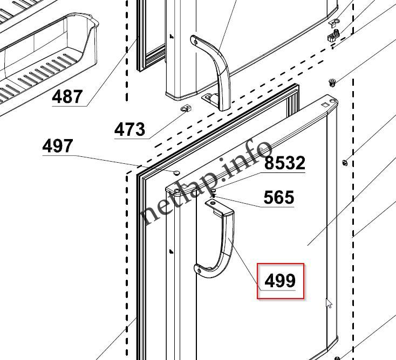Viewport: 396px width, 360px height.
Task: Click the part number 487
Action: pyautogui.click(x=67, y=96)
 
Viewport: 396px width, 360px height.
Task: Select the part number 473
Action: pyautogui.click(x=130, y=129)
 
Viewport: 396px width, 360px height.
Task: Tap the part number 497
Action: pyautogui.click(x=58, y=146)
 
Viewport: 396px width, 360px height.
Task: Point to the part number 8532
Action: pyautogui.click(x=285, y=163)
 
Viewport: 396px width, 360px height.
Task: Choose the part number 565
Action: pyautogui.click(x=279, y=197)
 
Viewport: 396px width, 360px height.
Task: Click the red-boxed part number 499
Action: pyautogui.click(x=280, y=281)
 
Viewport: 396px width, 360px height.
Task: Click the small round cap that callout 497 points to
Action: pyautogui.click(x=176, y=173)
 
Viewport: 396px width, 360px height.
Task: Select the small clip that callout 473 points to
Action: pyautogui.click(x=186, y=109)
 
